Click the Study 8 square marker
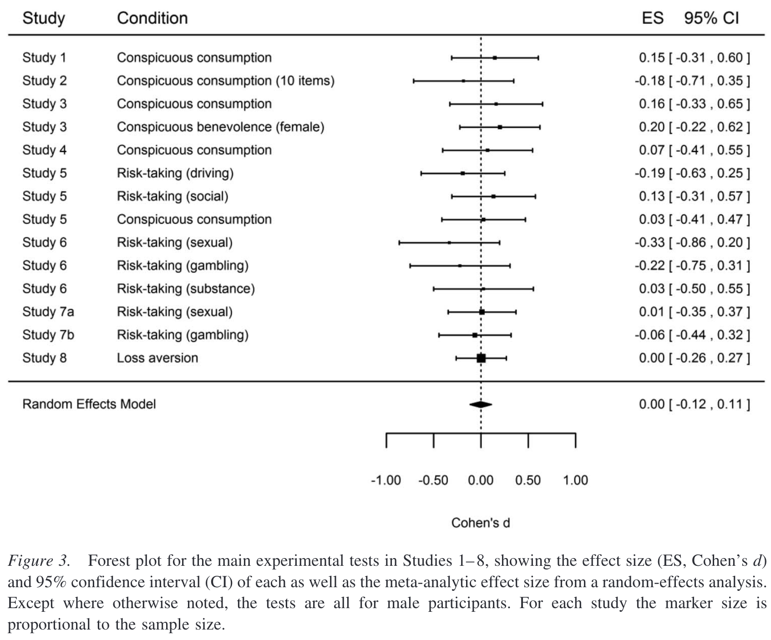(x=481, y=358)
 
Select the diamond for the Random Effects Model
(x=481, y=404)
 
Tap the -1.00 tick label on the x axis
(x=386, y=480)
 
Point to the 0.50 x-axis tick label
(x=528, y=480)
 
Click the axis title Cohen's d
(x=481, y=523)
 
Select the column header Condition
(x=152, y=18)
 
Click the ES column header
(x=652, y=18)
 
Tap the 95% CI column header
(x=711, y=18)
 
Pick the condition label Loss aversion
(x=157, y=358)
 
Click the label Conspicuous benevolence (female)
(x=220, y=127)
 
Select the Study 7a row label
(x=48, y=312)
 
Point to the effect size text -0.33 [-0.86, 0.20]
(x=692, y=243)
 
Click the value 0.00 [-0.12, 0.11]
(x=694, y=404)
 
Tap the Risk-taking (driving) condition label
(x=175, y=173)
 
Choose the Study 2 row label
(x=45, y=81)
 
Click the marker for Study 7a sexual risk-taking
(x=482, y=312)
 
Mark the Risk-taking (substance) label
(x=186, y=289)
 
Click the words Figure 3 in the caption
(x=39, y=561)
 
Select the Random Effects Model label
(x=89, y=404)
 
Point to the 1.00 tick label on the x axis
(x=575, y=480)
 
